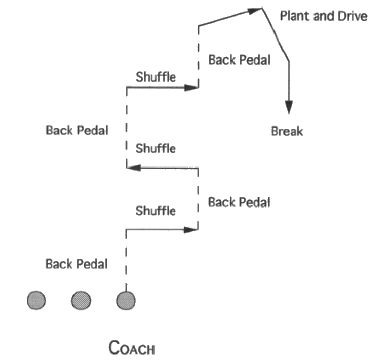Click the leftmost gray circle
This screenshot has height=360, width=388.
coord(36,300)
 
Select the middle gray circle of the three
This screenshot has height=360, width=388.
coord(81,300)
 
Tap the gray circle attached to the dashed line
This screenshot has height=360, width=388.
coord(126,300)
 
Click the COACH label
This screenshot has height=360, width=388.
coord(131,348)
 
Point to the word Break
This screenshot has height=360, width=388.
coord(286,131)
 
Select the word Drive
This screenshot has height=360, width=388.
coord(352,16)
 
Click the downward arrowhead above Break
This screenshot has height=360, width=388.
coord(289,107)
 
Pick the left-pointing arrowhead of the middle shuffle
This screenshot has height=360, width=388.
coord(134,168)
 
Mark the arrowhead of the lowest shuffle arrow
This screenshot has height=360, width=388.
coord(191,230)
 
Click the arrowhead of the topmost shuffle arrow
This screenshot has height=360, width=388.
coord(191,87)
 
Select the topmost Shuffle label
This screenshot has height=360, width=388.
coord(156,77)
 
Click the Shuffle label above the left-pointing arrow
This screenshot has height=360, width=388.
coord(156,148)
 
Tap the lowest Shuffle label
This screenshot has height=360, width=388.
coord(156,211)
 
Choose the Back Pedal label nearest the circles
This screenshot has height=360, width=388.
coord(76,264)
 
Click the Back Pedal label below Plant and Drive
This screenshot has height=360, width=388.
coord(239,60)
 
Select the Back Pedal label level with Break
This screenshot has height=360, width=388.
coord(77,130)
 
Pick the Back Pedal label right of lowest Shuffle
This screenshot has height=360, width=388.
coord(239,202)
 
